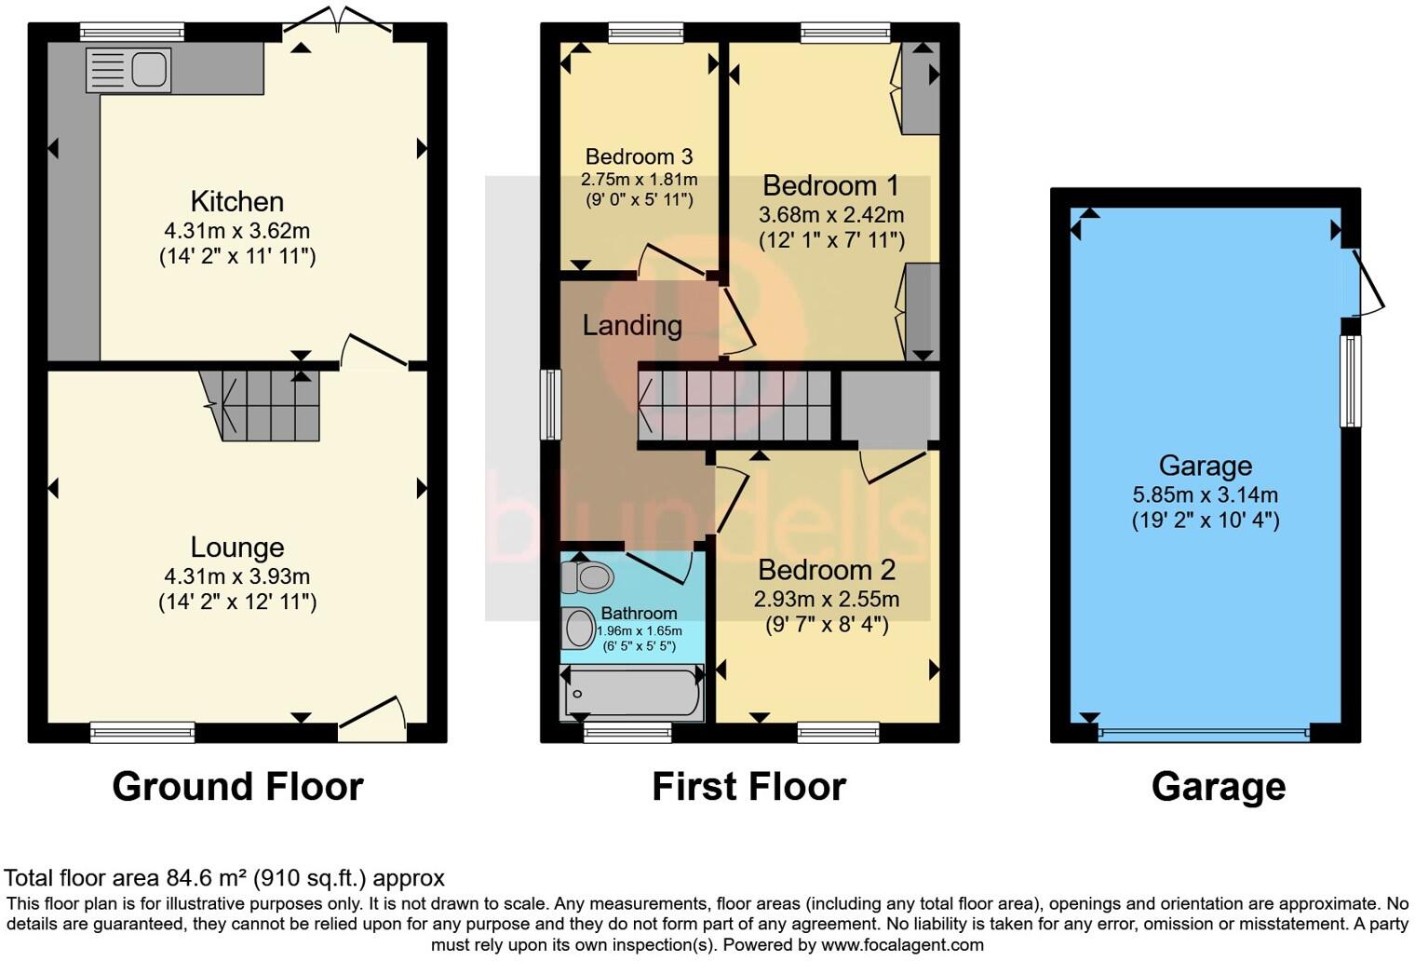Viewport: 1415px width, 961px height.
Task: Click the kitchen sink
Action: [128, 70]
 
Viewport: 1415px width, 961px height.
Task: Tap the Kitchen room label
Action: [236, 201]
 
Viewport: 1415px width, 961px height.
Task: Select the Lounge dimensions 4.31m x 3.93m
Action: [236, 576]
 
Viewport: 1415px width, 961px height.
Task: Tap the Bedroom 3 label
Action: [639, 156]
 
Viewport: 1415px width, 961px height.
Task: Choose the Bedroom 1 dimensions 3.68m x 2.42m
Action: [831, 215]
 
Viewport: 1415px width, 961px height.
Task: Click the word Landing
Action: [632, 325]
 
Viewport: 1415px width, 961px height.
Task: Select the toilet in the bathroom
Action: [586, 577]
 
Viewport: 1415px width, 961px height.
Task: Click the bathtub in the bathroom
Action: [632, 694]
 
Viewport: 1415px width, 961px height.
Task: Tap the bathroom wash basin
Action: [579, 629]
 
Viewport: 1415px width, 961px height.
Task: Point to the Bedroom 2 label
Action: [826, 569]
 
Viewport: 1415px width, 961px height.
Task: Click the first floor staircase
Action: [735, 406]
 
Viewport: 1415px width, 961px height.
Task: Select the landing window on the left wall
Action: [551, 404]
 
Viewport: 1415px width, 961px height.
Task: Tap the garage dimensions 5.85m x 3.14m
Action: [1205, 494]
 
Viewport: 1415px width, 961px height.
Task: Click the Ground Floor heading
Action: [237, 787]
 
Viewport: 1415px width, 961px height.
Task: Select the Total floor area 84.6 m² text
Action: [224, 877]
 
